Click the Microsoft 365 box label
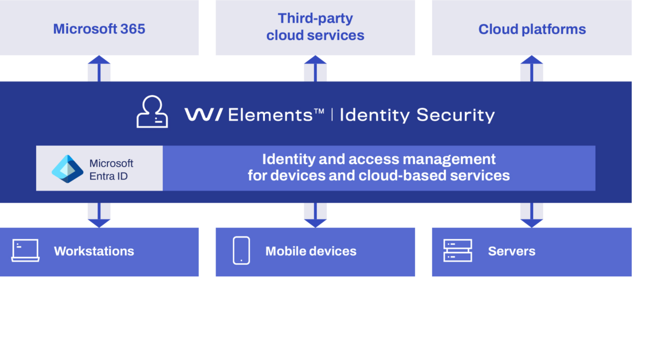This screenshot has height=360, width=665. coord(99,29)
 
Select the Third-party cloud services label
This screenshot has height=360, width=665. coord(315,27)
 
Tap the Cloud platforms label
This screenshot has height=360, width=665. coord(532,29)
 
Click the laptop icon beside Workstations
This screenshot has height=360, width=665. coord(25,251)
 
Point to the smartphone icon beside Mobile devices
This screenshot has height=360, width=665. coord(242,250)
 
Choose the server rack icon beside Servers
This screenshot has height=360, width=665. coord(458,251)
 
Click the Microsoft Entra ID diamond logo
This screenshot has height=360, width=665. coord(68,168)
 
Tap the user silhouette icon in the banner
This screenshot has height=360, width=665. coord(152,112)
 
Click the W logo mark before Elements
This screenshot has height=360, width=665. coord(204,115)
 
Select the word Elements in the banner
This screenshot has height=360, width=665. coord(270,115)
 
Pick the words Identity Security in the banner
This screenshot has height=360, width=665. coord(417,115)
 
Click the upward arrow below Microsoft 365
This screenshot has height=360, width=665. coord(99,68)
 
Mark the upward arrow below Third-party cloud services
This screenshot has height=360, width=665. coord(315,68)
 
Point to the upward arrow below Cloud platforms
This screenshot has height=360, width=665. coord(532,68)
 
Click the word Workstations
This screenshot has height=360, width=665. coord(94,251)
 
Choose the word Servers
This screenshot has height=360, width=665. coord(511,251)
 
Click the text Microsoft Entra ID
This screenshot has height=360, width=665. coord(111,169)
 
